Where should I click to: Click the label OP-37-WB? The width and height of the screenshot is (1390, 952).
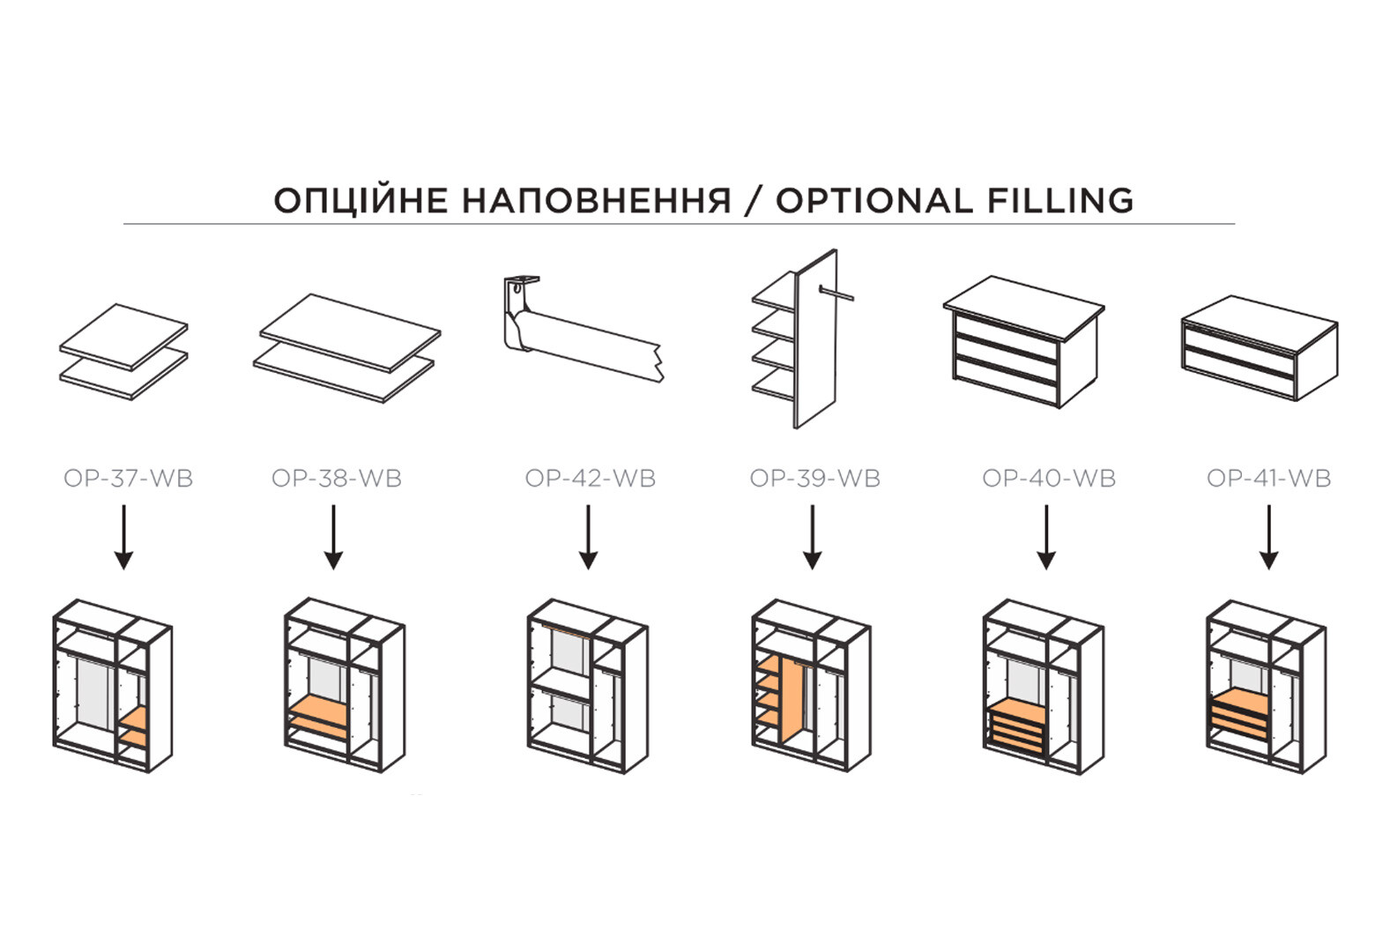click(x=129, y=479)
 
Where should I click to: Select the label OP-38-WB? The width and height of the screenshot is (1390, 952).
click(x=337, y=479)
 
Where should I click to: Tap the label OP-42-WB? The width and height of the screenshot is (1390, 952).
click(x=591, y=479)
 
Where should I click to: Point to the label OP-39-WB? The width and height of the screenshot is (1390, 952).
click(x=814, y=479)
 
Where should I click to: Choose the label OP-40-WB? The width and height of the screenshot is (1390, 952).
click(x=1049, y=479)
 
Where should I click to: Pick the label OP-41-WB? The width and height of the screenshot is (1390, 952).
click(x=1269, y=479)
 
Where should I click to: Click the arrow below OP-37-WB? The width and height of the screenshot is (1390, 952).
click(x=124, y=537)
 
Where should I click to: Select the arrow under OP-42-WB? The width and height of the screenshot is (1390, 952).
click(x=588, y=537)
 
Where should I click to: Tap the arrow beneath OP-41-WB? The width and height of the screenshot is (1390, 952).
click(x=1269, y=537)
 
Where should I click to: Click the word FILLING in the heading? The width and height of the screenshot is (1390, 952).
click(x=1060, y=200)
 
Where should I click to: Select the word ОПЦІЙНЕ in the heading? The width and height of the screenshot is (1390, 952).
click(x=361, y=201)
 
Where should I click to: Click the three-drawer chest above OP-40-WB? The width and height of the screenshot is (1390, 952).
click(x=1024, y=342)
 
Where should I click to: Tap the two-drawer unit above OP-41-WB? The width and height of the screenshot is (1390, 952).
click(x=1260, y=347)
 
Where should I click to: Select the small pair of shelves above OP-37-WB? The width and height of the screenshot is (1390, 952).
click(x=123, y=352)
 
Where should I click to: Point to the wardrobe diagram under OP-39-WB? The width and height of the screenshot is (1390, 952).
click(x=811, y=686)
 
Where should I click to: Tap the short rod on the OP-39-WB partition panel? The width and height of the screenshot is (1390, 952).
click(x=836, y=293)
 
